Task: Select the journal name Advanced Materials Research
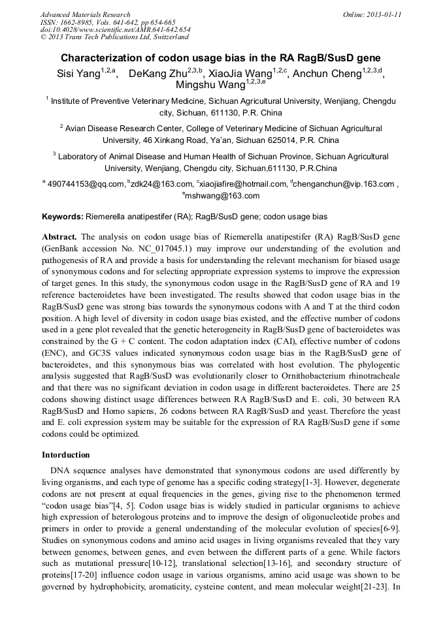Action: [85, 14]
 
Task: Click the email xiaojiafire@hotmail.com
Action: [247, 184]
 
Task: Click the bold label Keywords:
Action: [63, 216]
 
